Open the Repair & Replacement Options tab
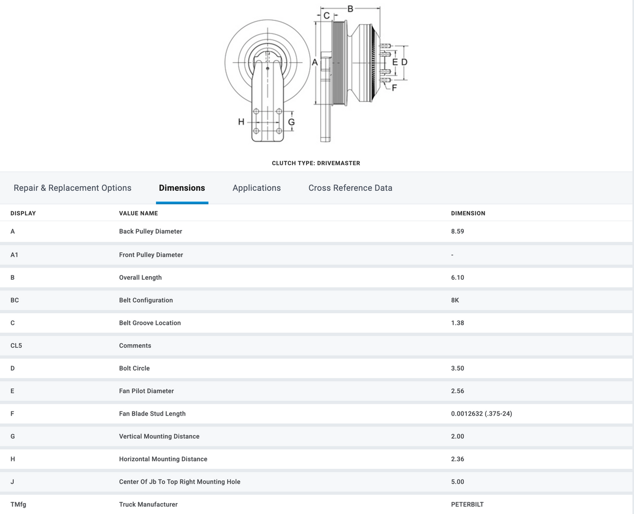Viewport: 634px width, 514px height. (x=72, y=188)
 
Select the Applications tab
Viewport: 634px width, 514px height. (x=256, y=188)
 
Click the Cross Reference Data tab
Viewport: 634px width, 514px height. (x=350, y=188)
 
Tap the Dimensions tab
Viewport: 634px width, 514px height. (x=182, y=188)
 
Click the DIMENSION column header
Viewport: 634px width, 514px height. (x=468, y=213)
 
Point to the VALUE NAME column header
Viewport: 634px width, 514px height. (x=138, y=213)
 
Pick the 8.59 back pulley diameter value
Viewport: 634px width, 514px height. (x=457, y=232)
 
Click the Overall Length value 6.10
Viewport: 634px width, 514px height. (x=457, y=278)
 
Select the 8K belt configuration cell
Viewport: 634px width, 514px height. (x=455, y=300)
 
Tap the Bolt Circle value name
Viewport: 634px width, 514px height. (x=134, y=368)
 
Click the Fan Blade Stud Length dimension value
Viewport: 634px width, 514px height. (x=482, y=414)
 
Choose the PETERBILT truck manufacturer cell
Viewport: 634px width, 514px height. (x=467, y=505)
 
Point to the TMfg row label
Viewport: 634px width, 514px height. (x=18, y=505)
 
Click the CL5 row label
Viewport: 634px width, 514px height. (x=16, y=346)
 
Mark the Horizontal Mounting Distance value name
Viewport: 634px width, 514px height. (x=163, y=459)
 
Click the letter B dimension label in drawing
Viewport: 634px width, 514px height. (x=350, y=9)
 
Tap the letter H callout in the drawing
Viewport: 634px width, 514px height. (x=241, y=122)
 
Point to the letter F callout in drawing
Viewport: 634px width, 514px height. (x=394, y=88)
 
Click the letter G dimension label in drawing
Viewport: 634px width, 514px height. (x=291, y=122)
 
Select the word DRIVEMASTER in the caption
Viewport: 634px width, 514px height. (x=338, y=163)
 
